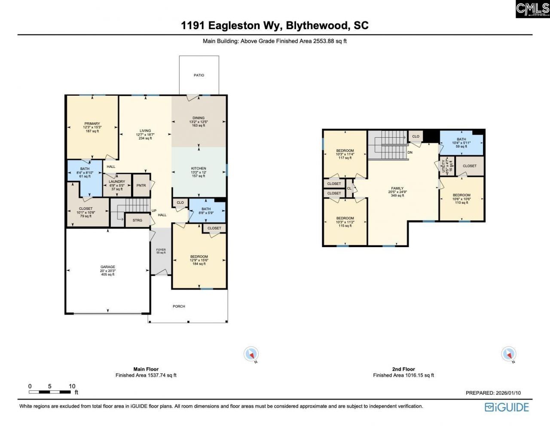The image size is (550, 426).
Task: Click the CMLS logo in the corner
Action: (x=532, y=9)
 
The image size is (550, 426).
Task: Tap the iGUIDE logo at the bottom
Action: (x=507, y=407)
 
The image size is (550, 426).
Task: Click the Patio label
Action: (x=199, y=75)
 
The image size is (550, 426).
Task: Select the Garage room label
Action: (x=108, y=267)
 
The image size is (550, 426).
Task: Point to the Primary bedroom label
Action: (x=92, y=124)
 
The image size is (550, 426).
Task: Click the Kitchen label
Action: (x=199, y=169)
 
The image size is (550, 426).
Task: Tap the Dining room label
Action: (x=199, y=118)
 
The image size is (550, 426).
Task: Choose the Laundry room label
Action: (x=117, y=181)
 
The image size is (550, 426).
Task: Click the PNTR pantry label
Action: (x=141, y=185)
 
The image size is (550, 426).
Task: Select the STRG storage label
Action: (x=137, y=220)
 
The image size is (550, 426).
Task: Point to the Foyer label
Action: (x=161, y=250)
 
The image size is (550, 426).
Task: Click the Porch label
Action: (x=179, y=306)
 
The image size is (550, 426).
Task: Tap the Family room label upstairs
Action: (x=397, y=188)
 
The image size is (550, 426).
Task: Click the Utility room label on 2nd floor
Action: (x=444, y=166)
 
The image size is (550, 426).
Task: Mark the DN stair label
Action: (x=410, y=152)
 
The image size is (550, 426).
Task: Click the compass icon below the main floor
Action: (x=251, y=354)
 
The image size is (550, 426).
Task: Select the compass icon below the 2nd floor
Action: (x=509, y=354)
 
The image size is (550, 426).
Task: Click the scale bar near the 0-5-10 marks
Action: (x=50, y=392)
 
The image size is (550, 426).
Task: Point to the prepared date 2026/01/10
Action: (x=493, y=393)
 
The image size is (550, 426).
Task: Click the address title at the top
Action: (x=275, y=25)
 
